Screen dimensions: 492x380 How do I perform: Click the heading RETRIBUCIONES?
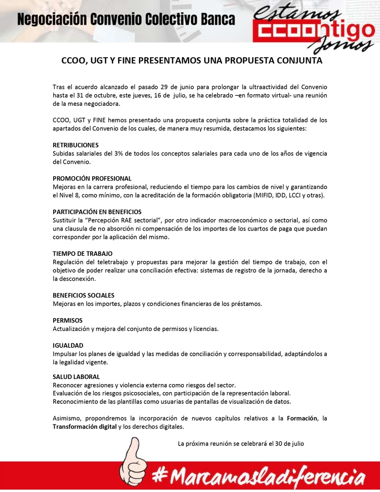pyautogui.click(x=75, y=145)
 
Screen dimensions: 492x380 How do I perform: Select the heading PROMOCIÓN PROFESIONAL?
pyautogui.click(x=92, y=178)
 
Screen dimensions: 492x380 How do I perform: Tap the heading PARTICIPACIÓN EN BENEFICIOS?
pyautogui.click(x=97, y=212)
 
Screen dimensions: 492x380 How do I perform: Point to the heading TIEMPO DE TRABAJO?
pyautogui.click(x=82, y=253)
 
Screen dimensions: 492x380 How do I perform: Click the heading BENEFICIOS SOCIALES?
pyautogui.click(x=83, y=295)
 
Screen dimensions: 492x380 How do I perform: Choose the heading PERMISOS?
pyautogui.click(x=67, y=320)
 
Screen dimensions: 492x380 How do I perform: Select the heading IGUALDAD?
pyautogui.click(x=67, y=345)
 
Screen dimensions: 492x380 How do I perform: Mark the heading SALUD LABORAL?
pyautogui.click(x=76, y=376)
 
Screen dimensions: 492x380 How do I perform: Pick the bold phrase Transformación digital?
pyautogui.click(x=84, y=427)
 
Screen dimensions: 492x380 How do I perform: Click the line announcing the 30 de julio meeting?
pyautogui.click(x=241, y=443)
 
